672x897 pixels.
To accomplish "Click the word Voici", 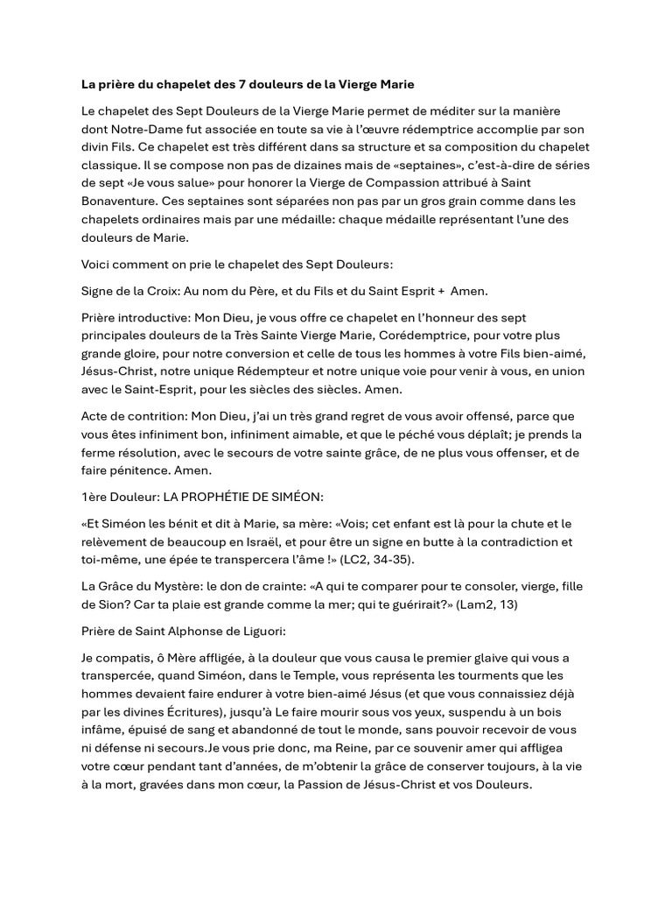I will point(97,265).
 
